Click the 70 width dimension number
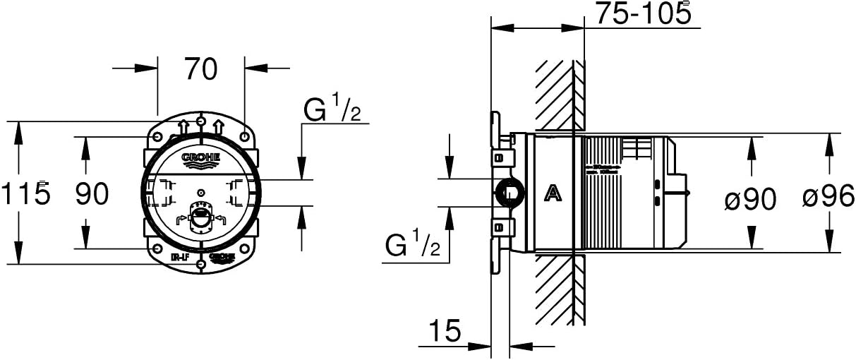click(x=200, y=69)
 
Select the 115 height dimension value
click(x=25, y=193)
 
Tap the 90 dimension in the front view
click(x=92, y=193)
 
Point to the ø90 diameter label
click(x=750, y=200)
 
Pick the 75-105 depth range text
click(x=641, y=14)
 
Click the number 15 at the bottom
click(x=445, y=329)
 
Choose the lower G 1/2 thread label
click(x=413, y=245)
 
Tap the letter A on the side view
click(x=554, y=192)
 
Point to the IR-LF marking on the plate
click(x=179, y=258)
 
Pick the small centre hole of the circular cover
click(x=201, y=192)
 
